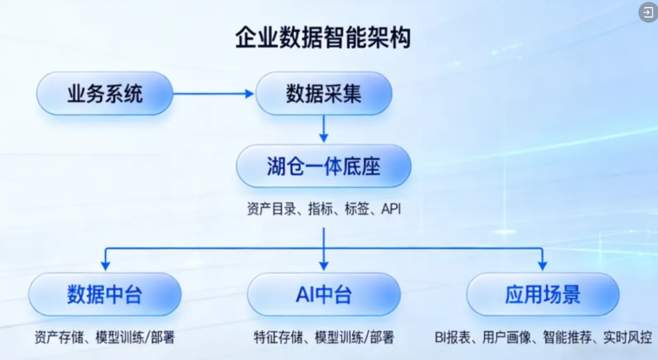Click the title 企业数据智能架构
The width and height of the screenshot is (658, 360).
(x=323, y=37)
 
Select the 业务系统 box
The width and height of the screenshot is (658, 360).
(x=104, y=94)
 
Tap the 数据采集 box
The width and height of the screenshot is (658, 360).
(x=323, y=94)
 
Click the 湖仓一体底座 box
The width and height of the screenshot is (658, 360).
(x=323, y=166)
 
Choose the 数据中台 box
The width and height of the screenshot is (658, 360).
(x=104, y=294)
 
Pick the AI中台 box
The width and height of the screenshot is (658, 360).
(x=323, y=294)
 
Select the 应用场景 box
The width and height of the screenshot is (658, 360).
(x=542, y=294)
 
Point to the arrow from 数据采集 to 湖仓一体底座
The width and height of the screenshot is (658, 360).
(x=323, y=129)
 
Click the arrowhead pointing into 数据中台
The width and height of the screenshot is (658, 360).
(x=105, y=264)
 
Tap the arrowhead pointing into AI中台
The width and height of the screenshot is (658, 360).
(x=323, y=264)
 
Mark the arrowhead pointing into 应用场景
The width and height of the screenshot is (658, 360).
(x=542, y=264)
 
